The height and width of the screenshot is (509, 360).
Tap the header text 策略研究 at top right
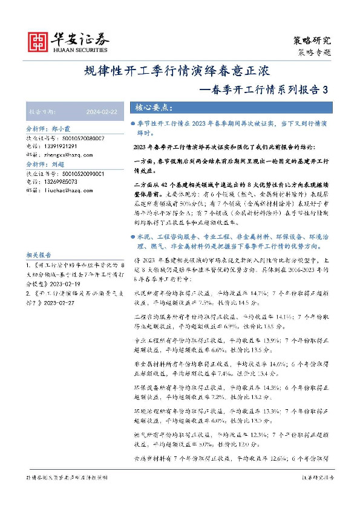312,41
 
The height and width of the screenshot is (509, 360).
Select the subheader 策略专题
315,52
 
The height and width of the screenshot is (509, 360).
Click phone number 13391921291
61,146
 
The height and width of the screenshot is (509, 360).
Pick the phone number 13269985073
61,181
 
